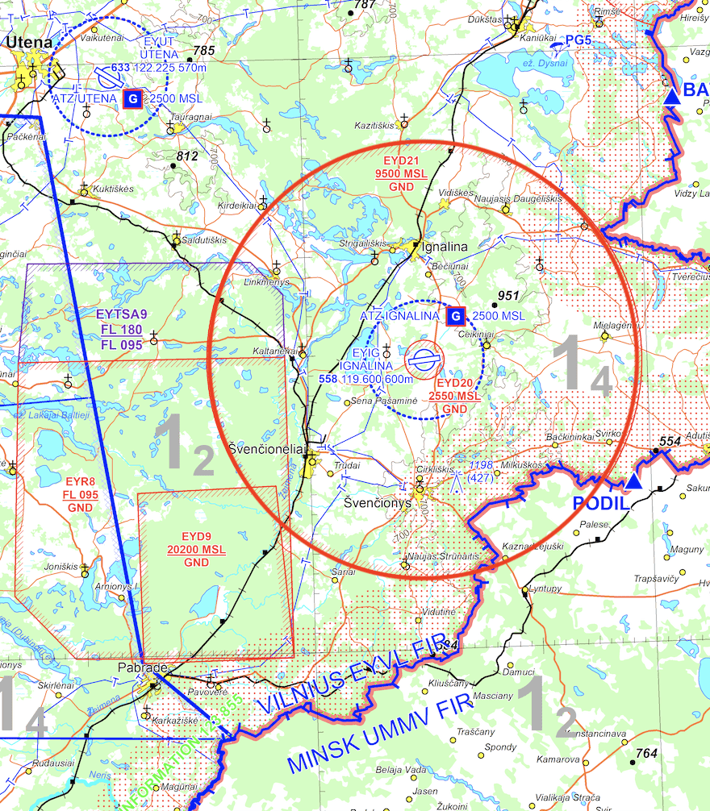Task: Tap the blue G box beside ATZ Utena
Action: (133, 99)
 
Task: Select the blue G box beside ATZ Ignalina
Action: (455, 316)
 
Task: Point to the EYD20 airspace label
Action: (456, 384)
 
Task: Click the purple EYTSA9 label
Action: (122, 315)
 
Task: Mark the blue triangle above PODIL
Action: (634, 482)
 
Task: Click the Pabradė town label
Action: (142, 669)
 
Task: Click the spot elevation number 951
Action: (507, 295)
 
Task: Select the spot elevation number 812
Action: (186, 156)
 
